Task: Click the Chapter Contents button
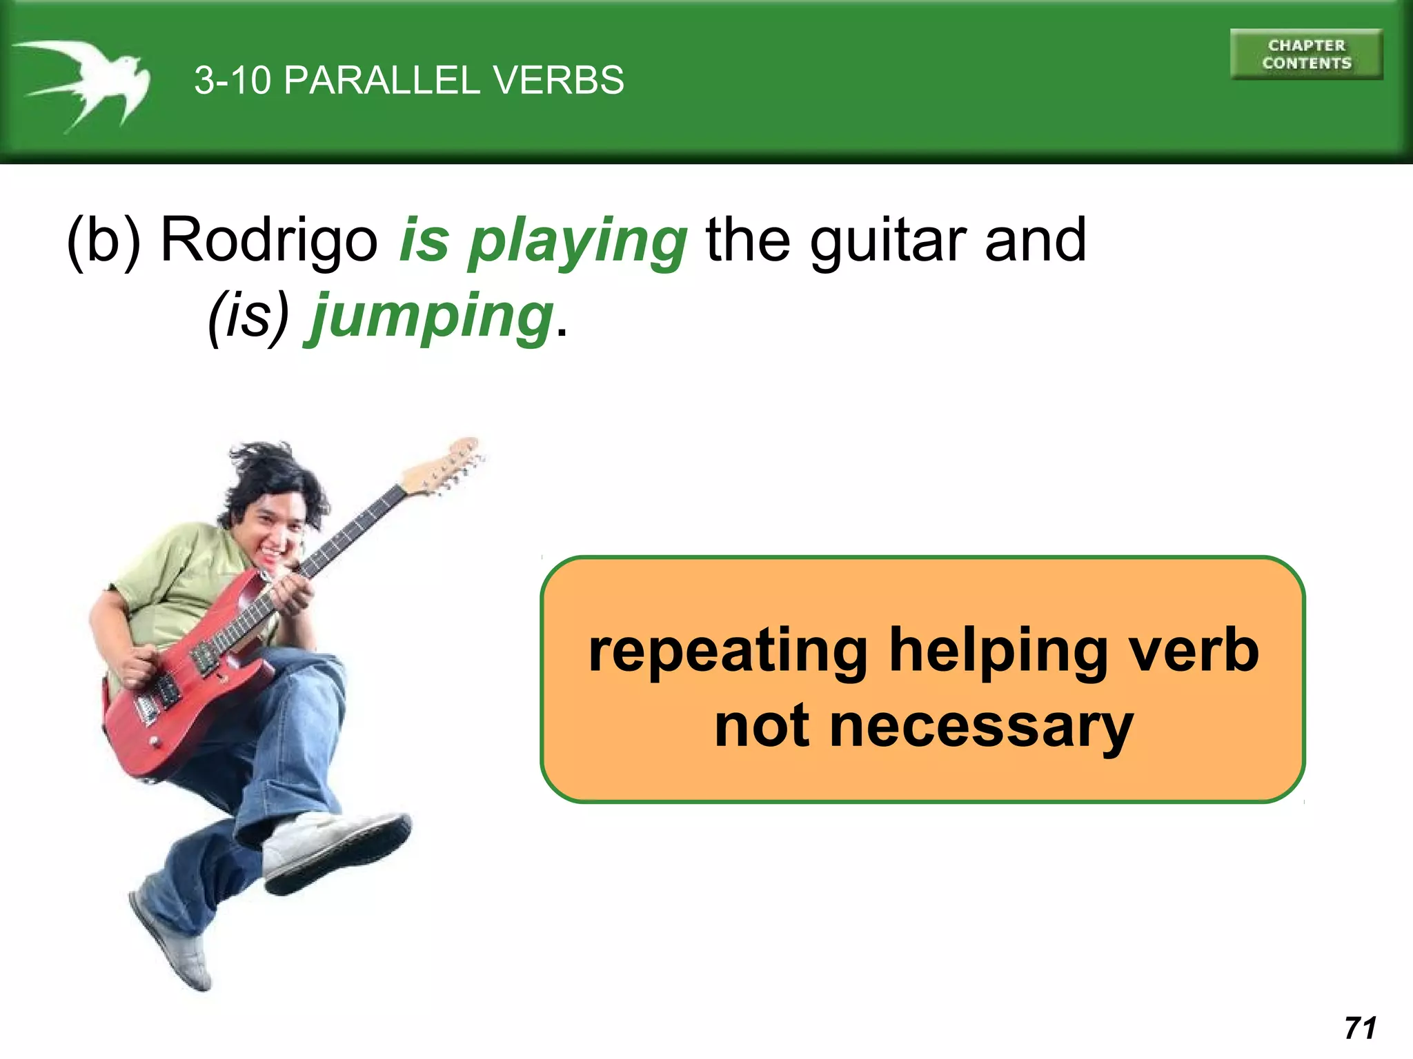click(x=1306, y=54)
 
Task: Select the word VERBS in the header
click(x=558, y=80)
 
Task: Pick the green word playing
click(x=578, y=243)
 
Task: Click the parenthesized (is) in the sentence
click(x=248, y=316)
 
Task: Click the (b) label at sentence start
click(x=103, y=241)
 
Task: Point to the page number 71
click(x=1360, y=1028)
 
